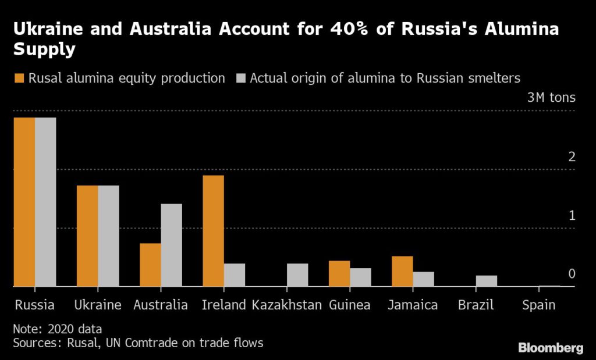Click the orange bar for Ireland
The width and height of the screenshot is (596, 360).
pos(213,231)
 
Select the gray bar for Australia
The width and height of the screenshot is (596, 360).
pos(171,245)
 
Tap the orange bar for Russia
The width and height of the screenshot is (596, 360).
pos(24,202)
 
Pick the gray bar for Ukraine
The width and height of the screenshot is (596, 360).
pos(108,236)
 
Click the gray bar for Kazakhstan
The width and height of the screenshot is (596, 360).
pos(297,275)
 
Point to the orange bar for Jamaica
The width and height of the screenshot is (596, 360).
pos(402,271)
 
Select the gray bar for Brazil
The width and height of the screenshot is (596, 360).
pos(486,281)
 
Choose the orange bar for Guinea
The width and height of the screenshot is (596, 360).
pos(339,273)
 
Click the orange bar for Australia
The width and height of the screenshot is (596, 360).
pos(150,265)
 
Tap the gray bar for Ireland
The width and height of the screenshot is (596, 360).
pos(234,275)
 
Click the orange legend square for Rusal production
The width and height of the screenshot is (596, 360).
pos(19,78)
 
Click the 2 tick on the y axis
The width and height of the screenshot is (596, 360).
pos(572,157)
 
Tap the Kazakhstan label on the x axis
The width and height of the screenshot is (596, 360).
pos(286,305)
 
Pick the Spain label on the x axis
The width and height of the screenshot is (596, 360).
pos(538,305)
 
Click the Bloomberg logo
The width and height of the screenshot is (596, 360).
pos(551,348)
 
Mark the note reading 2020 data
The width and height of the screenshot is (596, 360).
pos(57,329)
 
